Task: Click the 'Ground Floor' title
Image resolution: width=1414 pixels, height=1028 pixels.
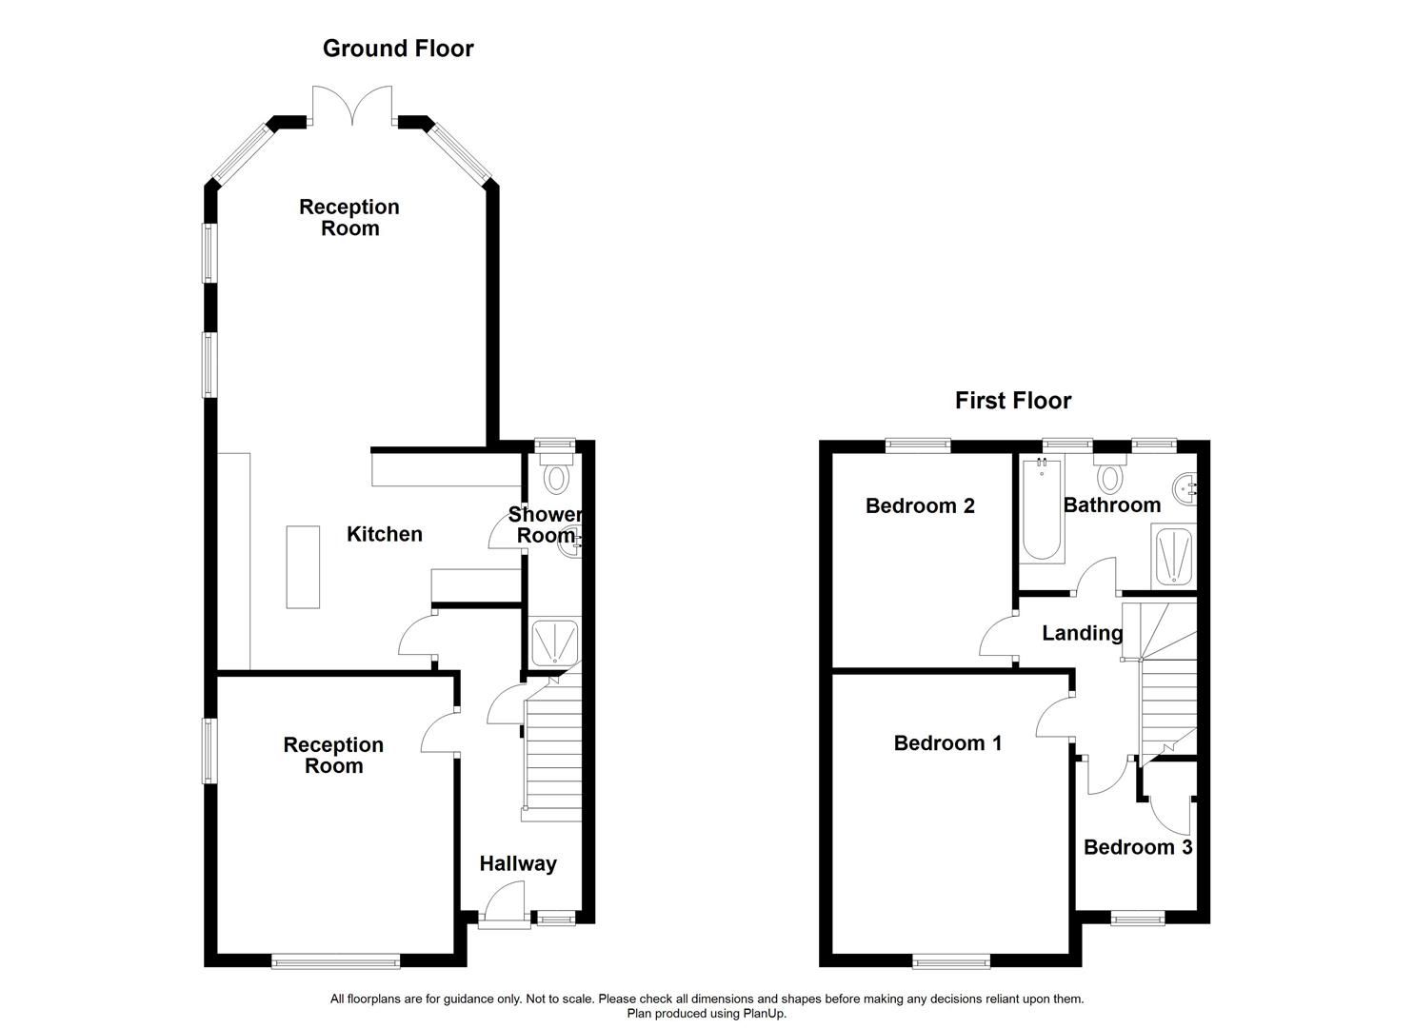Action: point(398,49)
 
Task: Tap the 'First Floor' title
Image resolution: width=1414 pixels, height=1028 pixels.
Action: point(1012,401)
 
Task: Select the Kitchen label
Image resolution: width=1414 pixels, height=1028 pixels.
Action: point(384,534)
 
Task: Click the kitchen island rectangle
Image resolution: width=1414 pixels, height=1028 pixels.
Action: point(304,565)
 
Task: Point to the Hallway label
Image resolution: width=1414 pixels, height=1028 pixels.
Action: point(517,863)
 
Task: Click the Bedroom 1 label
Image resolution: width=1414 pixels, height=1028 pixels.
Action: point(947,742)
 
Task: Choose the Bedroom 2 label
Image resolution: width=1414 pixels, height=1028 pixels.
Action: point(920,505)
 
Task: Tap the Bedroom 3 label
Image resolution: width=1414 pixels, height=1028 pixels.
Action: point(1137,847)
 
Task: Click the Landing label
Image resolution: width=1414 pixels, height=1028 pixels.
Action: point(1082,633)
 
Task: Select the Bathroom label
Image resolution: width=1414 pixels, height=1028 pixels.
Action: point(1111,504)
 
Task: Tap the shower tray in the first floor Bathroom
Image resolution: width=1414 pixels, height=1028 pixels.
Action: point(1172,555)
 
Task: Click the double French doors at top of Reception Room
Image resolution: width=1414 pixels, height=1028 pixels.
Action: point(352,107)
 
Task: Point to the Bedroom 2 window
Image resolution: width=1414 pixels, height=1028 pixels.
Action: point(918,444)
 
